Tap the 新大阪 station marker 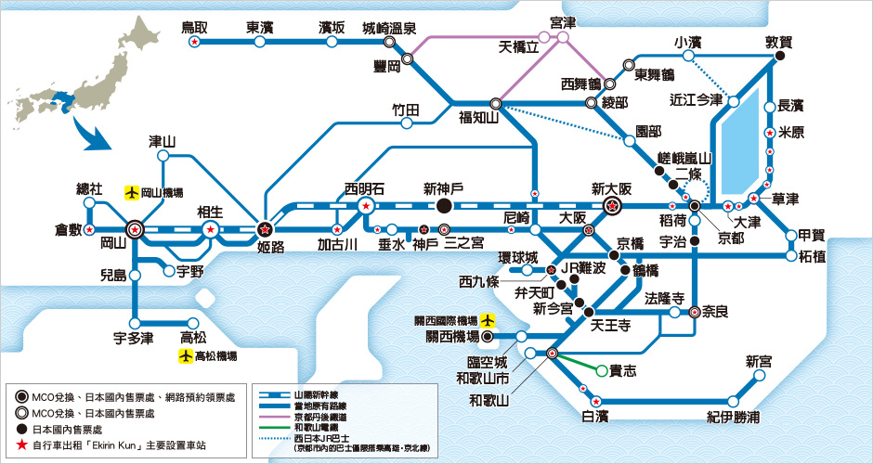(x=611, y=205)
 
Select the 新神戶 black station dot (x=444, y=205)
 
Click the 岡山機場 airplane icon (x=133, y=192)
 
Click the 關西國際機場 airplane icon (x=489, y=321)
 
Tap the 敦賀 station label (x=779, y=42)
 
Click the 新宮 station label (x=759, y=361)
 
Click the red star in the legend (x=22, y=445)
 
